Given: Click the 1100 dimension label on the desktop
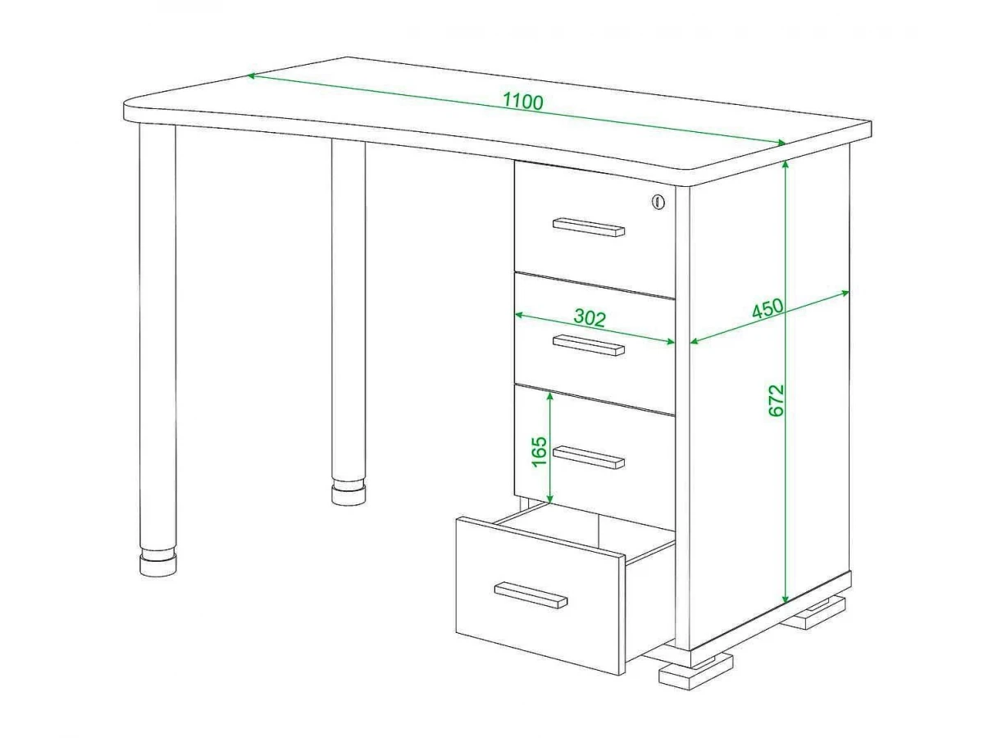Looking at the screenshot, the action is coord(522,102).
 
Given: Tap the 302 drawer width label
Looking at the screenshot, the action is coord(590,317).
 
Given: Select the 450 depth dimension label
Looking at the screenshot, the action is coord(768,308).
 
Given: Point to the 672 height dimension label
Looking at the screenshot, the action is coord(777,400).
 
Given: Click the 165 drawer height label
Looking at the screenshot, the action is coord(540,451).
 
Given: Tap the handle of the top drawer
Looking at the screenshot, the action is coord(589,227).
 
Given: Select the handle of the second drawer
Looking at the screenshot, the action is coord(589,345).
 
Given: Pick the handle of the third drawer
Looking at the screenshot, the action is coord(589,458).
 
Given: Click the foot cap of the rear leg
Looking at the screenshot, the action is coord(348,494).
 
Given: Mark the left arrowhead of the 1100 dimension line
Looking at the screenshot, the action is coord(253,75).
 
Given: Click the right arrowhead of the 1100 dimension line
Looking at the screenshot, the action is coord(781,143).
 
